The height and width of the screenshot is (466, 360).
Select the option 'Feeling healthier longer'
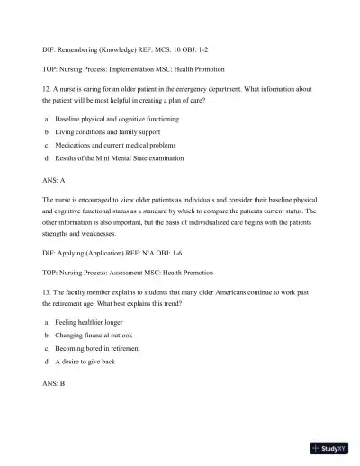(89, 320)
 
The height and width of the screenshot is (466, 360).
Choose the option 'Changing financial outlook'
(94, 334)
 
